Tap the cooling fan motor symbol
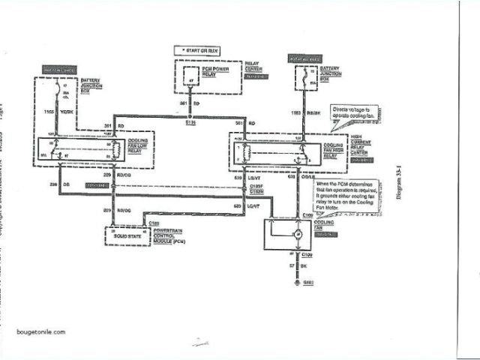tap(298, 235)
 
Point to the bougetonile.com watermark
tap(40, 331)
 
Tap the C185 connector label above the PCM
tap(153, 223)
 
